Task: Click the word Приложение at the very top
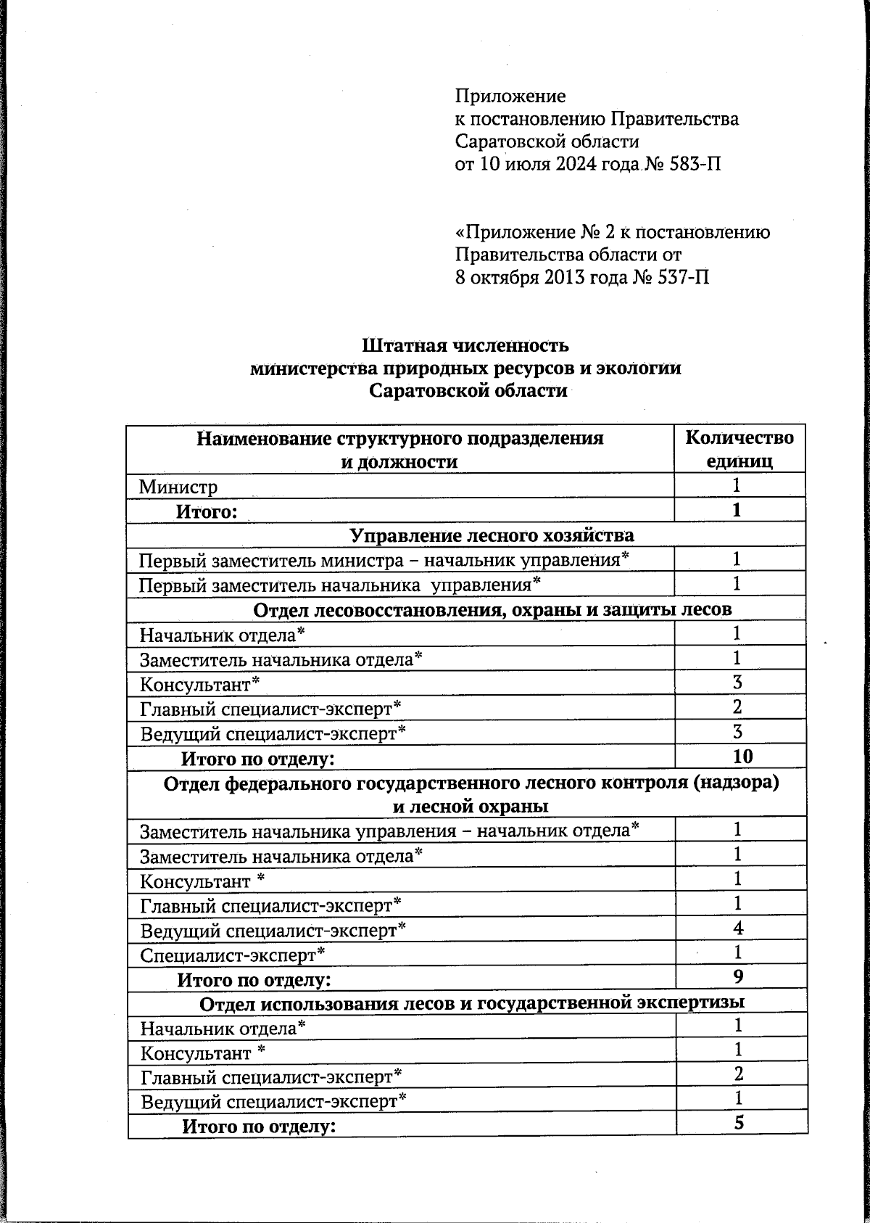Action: (510, 96)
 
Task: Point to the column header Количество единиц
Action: (739, 449)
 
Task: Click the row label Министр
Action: (178, 487)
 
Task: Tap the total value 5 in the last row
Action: (739, 1123)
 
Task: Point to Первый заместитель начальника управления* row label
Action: (340, 584)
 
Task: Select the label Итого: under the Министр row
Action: (207, 512)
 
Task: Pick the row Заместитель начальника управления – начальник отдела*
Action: (389, 830)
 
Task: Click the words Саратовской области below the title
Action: (468, 391)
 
